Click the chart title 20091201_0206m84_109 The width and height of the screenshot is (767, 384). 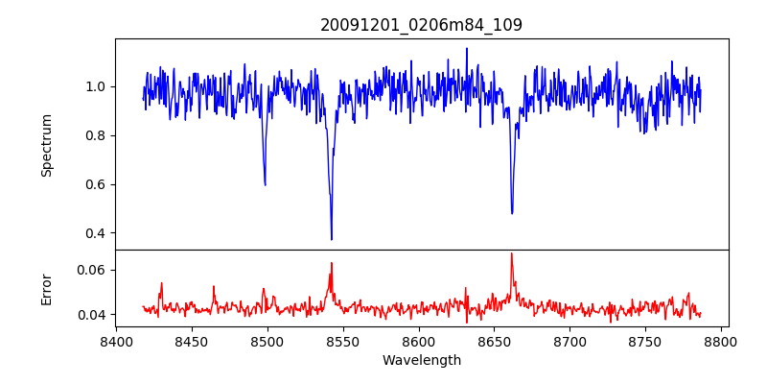[x=421, y=25]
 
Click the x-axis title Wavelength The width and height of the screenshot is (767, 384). [x=421, y=361]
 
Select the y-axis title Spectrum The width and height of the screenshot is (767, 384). [x=47, y=145]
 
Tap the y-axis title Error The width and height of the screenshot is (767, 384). [x=47, y=288]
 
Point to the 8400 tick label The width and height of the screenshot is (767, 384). [x=116, y=341]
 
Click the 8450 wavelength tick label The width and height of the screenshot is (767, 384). [x=192, y=341]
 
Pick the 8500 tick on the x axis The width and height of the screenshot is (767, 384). [x=267, y=341]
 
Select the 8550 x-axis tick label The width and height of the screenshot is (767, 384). [x=343, y=341]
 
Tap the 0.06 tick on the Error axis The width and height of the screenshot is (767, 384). [x=93, y=270]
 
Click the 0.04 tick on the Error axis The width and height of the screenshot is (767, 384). [x=93, y=315]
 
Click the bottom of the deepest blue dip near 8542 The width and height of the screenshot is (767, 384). [x=332, y=239]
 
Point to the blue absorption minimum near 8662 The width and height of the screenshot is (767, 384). [x=512, y=213]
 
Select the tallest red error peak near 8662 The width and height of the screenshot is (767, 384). [x=511, y=253]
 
